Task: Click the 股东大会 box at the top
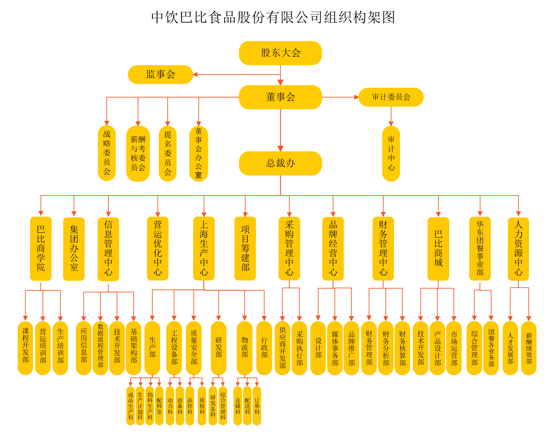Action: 280,53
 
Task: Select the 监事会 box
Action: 160,74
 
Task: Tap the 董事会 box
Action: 280,97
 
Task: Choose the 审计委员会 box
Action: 391,97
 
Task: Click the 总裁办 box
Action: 280,163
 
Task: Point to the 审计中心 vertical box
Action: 391,153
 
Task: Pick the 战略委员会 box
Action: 107,153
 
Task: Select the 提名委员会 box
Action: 168,153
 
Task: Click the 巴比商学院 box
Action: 41,248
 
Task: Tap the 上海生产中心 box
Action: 204,248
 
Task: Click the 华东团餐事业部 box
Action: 480,248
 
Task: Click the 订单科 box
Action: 257,406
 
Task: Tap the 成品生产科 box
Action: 131,406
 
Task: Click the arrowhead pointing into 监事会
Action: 195,75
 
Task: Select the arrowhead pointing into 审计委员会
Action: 356,97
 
